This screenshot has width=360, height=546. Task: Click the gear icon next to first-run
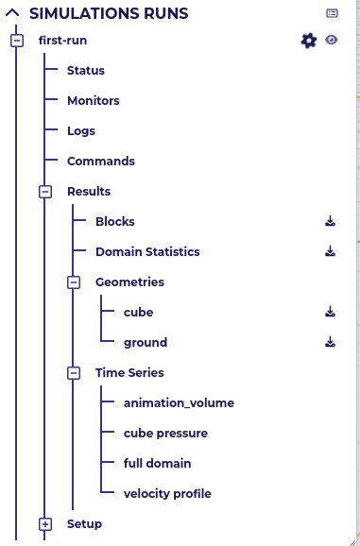(x=308, y=41)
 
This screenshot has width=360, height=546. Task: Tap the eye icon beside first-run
(x=331, y=40)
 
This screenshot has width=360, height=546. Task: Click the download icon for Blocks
(x=330, y=222)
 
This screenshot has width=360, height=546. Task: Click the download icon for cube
(x=330, y=312)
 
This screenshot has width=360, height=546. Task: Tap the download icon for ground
(x=330, y=342)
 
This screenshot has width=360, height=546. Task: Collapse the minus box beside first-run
(x=16, y=41)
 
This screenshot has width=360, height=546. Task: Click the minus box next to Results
(x=44, y=192)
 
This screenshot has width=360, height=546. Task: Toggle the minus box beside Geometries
(x=73, y=282)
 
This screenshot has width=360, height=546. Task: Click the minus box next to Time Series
(x=73, y=373)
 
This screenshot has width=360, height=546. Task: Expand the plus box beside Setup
(x=44, y=523)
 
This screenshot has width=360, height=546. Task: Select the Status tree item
(x=85, y=71)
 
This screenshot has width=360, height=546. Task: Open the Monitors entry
(x=93, y=101)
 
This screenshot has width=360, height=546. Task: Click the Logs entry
(x=80, y=131)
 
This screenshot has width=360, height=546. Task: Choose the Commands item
(x=100, y=162)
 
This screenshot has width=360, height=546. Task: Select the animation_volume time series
(x=179, y=403)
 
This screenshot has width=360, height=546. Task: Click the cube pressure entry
(x=165, y=434)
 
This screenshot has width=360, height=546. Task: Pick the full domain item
(x=157, y=464)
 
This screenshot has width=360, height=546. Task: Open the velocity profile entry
(x=167, y=494)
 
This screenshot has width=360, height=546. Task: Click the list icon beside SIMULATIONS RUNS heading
(x=332, y=13)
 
